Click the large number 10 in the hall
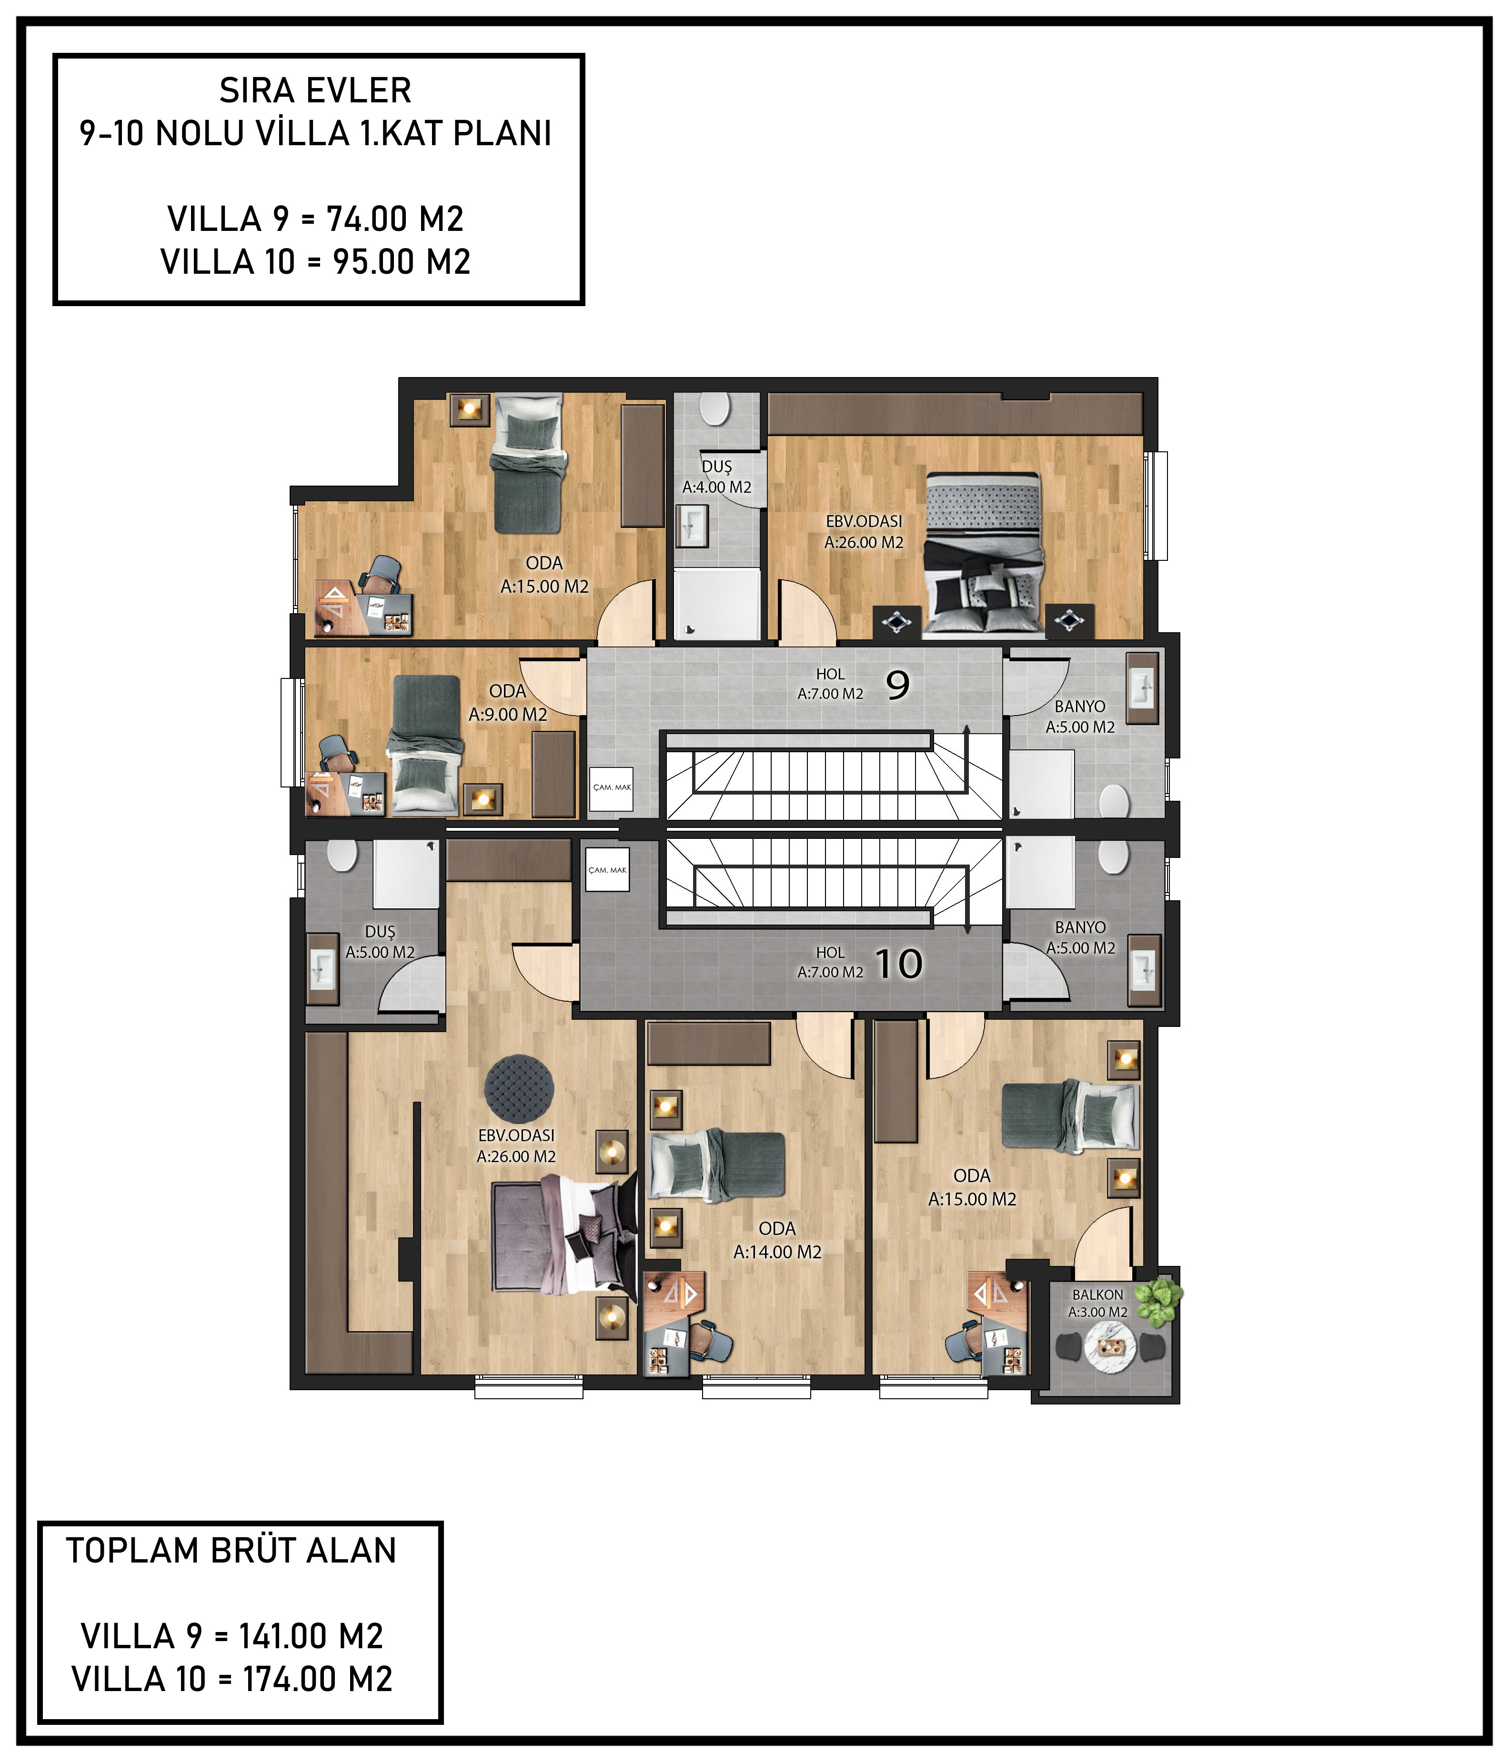(898, 964)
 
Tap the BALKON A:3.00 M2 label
(1097, 1303)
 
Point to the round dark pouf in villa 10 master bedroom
(519, 1088)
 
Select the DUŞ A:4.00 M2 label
(717, 477)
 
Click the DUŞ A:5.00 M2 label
(380, 942)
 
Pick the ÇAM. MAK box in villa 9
(612, 787)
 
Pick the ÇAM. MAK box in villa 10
(607, 869)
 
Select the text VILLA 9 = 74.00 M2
(316, 219)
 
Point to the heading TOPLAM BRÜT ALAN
(231, 1550)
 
